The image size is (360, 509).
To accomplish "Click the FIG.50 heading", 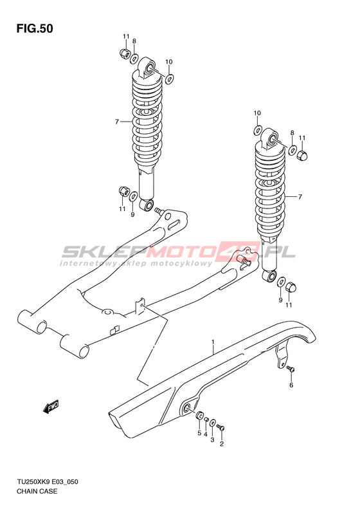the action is point(35,29).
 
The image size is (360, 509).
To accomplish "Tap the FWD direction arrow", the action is point(51,406).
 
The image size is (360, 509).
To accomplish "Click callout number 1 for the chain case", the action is point(213,342).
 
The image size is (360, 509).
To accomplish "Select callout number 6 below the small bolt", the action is point(291,385).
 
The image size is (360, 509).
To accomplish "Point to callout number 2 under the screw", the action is point(222,444).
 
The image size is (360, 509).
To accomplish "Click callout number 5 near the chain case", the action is point(199,433).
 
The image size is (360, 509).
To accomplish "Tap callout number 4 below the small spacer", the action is point(206,434).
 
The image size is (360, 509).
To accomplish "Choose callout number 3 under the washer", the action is point(212,440).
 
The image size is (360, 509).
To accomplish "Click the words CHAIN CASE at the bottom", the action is point(37,491).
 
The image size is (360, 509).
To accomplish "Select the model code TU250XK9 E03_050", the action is point(47,482).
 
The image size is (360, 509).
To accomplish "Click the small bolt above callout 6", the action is point(291,369).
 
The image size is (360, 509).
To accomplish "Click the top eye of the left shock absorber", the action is point(148,68).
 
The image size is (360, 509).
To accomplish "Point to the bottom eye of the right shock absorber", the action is point(269,276).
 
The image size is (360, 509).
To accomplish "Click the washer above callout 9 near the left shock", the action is point(133,197).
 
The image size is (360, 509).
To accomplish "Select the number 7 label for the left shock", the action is point(117,122).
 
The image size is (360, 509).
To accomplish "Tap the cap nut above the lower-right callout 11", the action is point(290,287).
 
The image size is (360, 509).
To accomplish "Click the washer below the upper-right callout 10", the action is point(257,130).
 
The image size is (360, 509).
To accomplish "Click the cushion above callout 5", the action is point(200,415).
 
